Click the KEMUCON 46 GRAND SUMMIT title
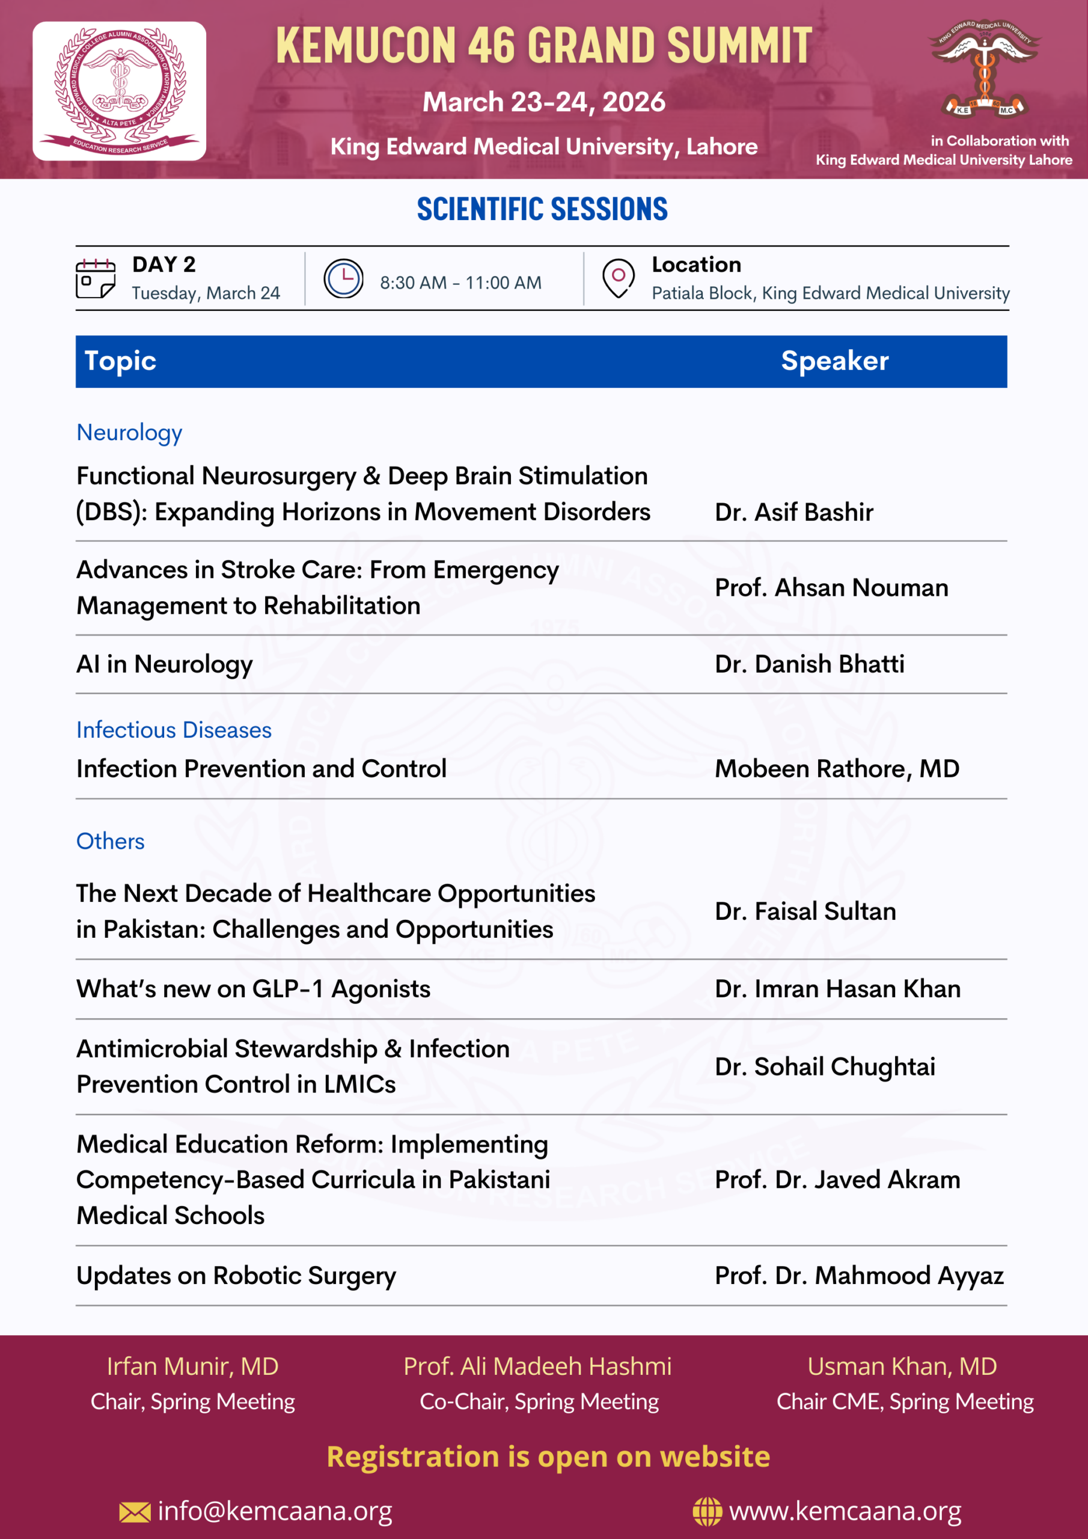(x=543, y=46)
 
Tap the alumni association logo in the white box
(x=120, y=91)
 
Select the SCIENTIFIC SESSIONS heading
(x=542, y=209)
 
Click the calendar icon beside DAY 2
(x=95, y=278)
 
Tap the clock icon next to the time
(x=343, y=278)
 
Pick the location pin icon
(x=618, y=278)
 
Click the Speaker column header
(x=834, y=361)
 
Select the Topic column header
(x=121, y=361)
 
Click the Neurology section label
(x=129, y=433)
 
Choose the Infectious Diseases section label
(x=174, y=730)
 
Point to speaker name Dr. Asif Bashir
(x=793, y=512)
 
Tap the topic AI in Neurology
(x=165, y=664)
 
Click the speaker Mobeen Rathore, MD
(x=837, y=769)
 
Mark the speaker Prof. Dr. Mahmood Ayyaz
(x=859, y=1276)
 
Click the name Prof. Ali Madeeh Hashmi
(x=537, y=1366)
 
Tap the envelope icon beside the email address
(x=135, y=1512)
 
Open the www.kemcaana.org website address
(x=845, y=1511)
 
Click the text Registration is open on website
(x=548, y=1457)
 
